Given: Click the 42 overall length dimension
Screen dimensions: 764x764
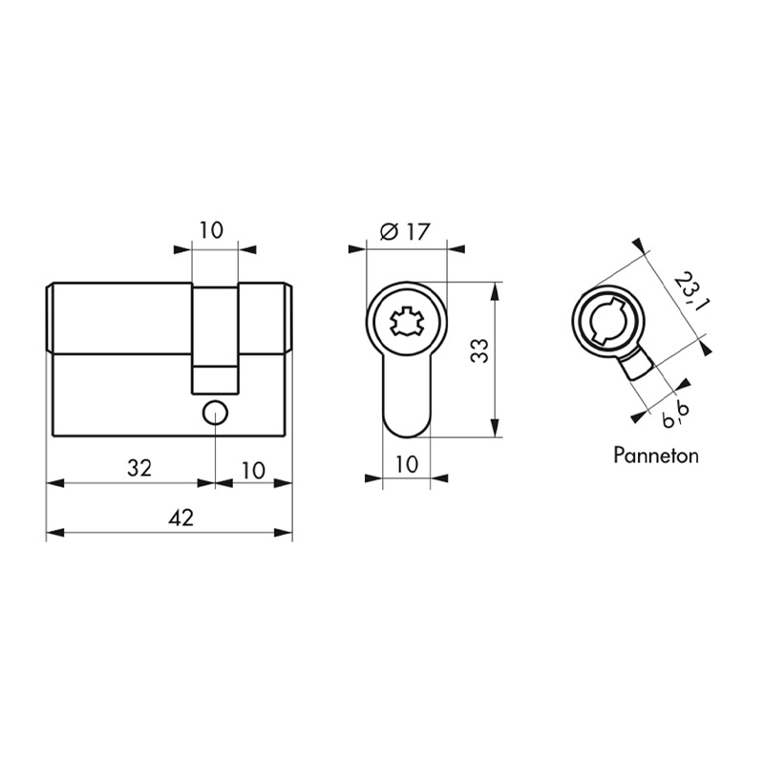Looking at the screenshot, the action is (181, 518).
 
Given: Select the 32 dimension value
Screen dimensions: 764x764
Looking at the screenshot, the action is (139, 468).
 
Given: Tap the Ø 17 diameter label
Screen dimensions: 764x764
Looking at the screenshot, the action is (405, 232).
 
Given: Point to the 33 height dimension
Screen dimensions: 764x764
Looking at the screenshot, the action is (480, 350).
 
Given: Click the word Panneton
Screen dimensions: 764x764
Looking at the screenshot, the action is (656, 456).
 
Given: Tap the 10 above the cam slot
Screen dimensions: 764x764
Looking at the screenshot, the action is (211, 230).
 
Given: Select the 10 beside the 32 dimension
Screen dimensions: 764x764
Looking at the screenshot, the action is (253, 471).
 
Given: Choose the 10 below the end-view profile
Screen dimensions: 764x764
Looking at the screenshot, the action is (407, 465).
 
